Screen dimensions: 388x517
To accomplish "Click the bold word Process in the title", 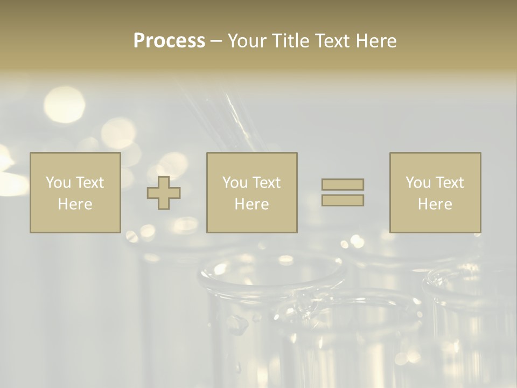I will point(169,41).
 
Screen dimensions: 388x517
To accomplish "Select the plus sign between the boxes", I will point(164,193).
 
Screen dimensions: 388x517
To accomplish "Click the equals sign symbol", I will point(343,192).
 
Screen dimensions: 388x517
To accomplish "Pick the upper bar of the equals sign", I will point(343,184).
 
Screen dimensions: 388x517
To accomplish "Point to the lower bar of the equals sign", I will point(343,200).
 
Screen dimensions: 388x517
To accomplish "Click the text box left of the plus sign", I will point(75,192).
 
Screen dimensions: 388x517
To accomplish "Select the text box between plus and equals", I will point(251,192).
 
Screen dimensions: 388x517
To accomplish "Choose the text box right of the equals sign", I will point(435,192).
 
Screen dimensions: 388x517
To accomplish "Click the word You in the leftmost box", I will point(58,183).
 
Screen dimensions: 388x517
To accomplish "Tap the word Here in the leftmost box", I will point(75,204).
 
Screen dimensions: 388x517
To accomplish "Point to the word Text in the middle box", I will point(267,183).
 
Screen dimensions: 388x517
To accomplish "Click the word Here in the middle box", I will point(251,204).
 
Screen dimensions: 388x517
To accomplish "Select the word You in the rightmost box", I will point(418,183).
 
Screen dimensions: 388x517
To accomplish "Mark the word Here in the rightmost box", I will point(435,204).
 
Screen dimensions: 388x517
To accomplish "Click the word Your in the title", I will point(247,41).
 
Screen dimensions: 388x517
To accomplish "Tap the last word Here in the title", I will point(377,41).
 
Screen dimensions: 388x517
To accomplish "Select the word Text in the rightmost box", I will point(450,183).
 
